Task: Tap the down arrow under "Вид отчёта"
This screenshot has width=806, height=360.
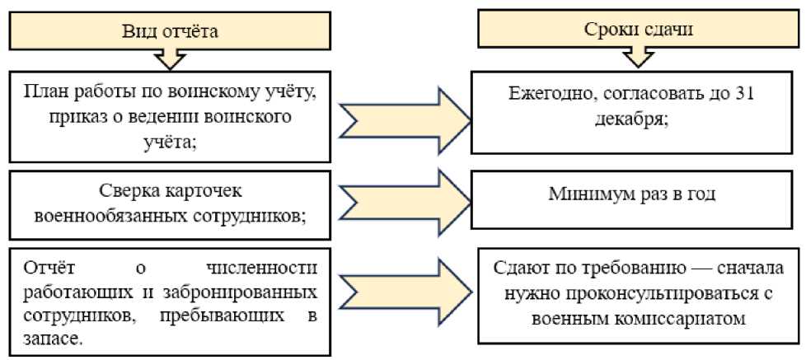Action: [x=170, y=59]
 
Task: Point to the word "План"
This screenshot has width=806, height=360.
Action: [x=44, y=89]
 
